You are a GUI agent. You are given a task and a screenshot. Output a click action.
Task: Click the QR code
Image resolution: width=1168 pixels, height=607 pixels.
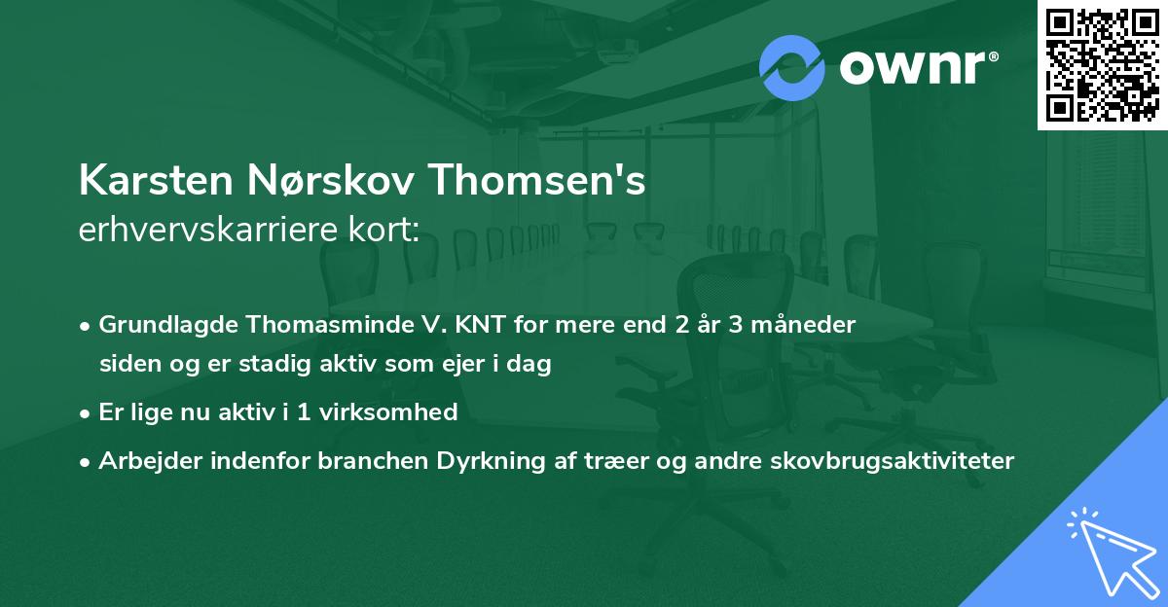point(1103,64)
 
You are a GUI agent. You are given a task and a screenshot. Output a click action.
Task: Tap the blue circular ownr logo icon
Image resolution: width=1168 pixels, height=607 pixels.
point(791,67)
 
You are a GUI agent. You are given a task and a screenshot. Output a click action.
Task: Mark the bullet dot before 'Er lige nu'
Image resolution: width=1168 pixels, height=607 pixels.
point(87,413)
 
